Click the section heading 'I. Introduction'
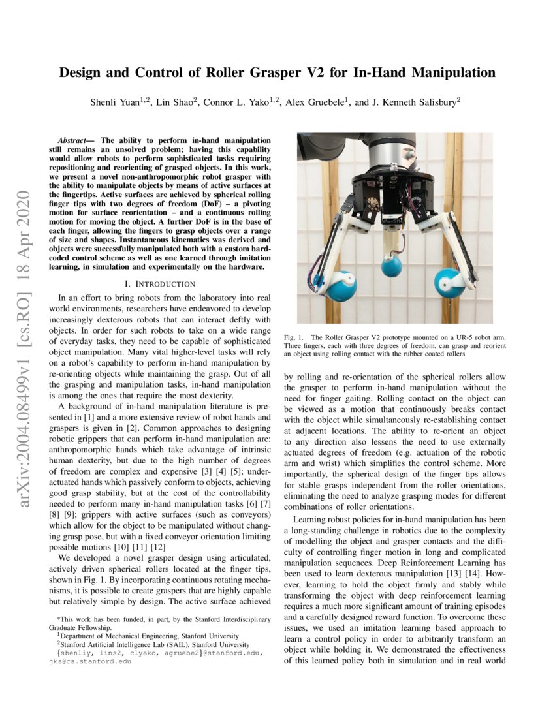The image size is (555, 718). (x=160, y=284)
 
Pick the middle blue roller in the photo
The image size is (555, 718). (x=392, y=266)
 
